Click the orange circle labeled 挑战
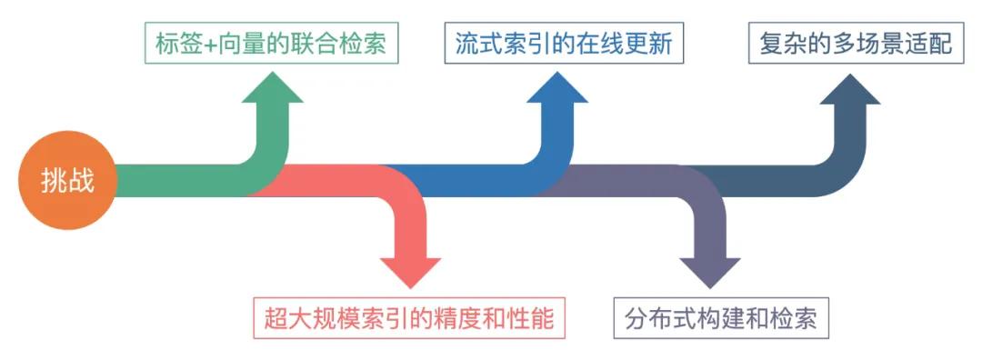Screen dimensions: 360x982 [x=67, y=180]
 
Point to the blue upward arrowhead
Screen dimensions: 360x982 [x=556, y=91]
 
